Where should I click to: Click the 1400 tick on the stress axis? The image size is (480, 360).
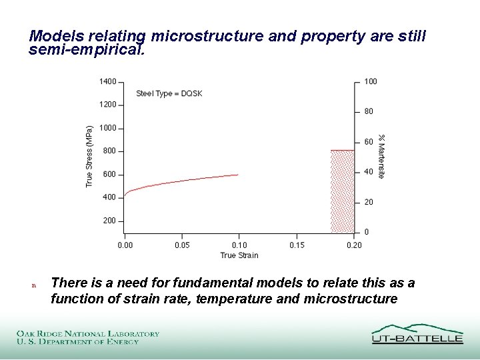click(x=107, y=81)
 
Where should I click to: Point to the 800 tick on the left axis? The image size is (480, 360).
click(x=109, y=151)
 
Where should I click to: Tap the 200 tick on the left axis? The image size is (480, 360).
click(x=109, y=221)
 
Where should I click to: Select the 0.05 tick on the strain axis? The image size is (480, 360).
click(x=182, y=245)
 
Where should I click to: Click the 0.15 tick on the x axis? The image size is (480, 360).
click(x=297, y=245)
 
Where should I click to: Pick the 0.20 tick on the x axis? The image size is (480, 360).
click(x=354, y=245)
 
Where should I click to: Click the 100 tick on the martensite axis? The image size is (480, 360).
click(x=371, y=81)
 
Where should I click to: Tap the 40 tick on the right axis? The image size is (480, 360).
click(x=369, y=172)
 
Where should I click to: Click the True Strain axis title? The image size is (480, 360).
click(x=239, y=255)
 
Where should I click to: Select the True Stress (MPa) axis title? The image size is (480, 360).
click(x=90, y=157)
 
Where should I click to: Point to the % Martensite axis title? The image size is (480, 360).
click(x=381, y=157)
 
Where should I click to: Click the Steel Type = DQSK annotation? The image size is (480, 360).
click(x=169, y=94)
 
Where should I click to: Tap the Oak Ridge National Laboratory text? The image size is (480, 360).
click(x=88, y=333)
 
